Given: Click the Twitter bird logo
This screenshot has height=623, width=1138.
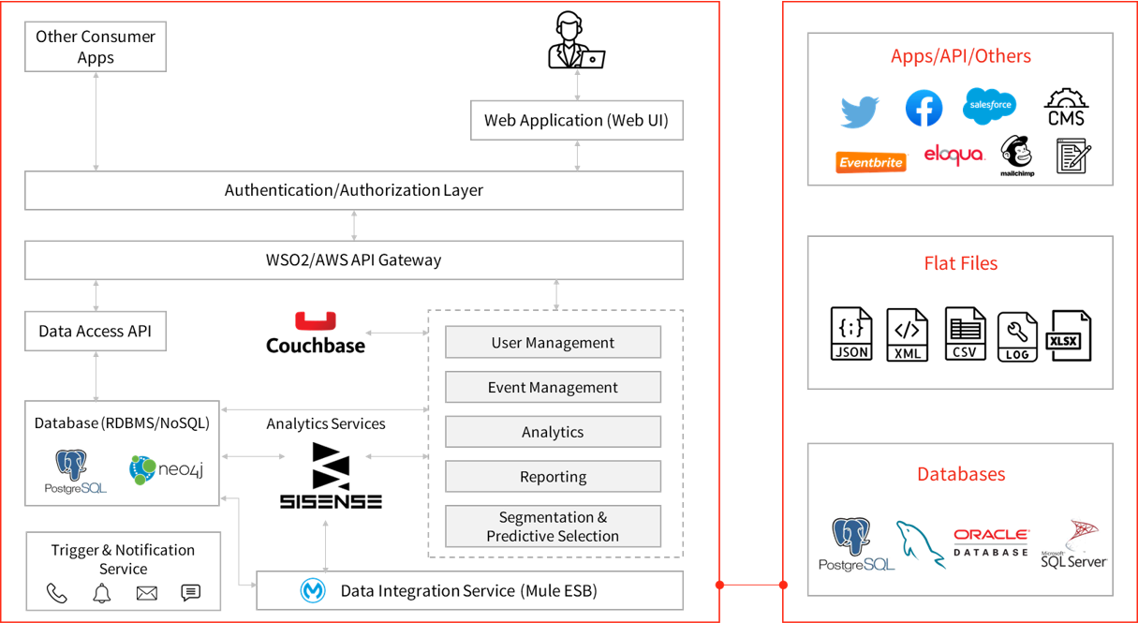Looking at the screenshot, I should coord(860,111).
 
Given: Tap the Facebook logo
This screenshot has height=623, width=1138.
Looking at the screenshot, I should coord(924,109).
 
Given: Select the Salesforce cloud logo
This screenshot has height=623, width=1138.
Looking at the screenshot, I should coord(989,104).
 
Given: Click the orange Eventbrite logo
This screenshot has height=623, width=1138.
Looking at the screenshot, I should coord(871,162).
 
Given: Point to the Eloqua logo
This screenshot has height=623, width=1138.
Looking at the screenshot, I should coord(953,155).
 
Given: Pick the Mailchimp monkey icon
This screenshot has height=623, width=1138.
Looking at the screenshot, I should coord(1016,155).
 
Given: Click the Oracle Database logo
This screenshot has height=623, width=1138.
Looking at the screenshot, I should coord(991,541).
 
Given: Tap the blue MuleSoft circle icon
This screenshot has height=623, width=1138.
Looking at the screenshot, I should coord(313,591).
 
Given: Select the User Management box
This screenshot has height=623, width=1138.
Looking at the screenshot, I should coord(553,342).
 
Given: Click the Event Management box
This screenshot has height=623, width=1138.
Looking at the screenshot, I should coord(553,387).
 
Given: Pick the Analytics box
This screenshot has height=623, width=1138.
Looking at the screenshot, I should coord(553,432).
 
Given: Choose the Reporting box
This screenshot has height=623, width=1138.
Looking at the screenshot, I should coord(553,477).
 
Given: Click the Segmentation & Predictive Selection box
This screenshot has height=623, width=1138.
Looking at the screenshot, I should coord(553,527).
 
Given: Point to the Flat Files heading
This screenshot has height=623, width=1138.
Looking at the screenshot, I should coord(960,263).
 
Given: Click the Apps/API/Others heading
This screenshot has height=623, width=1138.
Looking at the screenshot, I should coord(960,56).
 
